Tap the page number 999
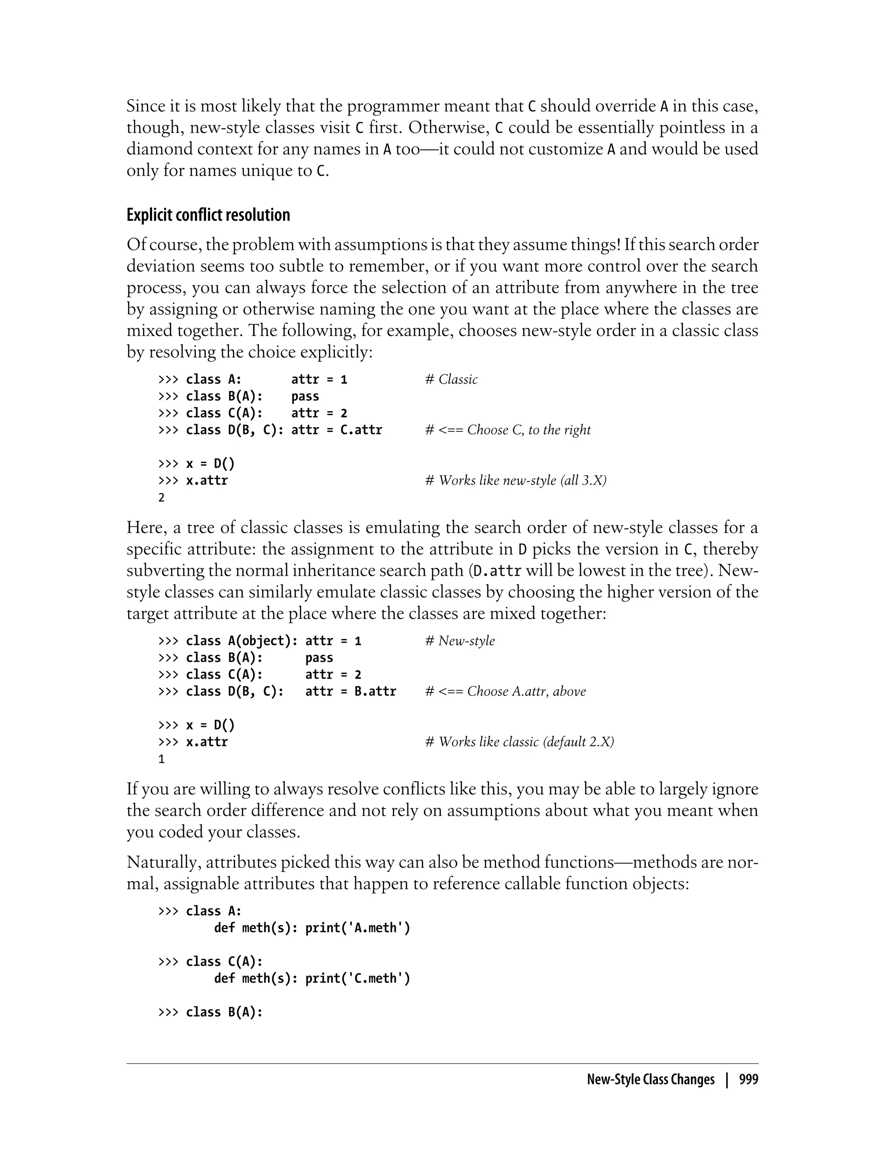tap(748, 1079)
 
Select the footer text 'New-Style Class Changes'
tap(651, 1079)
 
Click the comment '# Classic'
tap(452, 380)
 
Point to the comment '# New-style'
tap(460, 641)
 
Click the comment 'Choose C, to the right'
tap(528, 430)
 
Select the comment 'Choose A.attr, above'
tap(526, 692)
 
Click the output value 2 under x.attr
tap(162, 498)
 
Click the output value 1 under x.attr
tap(162, 759)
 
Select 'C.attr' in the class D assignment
tap(361, 430)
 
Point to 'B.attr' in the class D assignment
tap(375, 692)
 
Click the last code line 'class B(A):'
tap(224, 1012)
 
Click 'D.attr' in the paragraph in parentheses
tap(498, 571)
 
